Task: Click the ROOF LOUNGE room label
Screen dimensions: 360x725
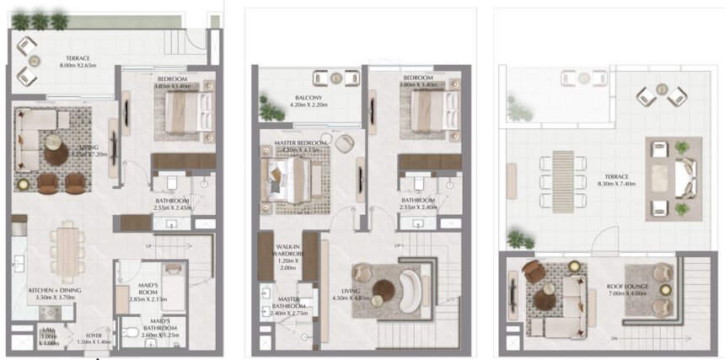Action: point(626,287)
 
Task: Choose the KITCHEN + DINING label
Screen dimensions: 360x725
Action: point(54,291)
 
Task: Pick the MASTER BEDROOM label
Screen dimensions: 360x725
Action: point(301,143)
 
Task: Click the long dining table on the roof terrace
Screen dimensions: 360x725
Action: point(563,177)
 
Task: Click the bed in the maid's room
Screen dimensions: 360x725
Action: point(171,277)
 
